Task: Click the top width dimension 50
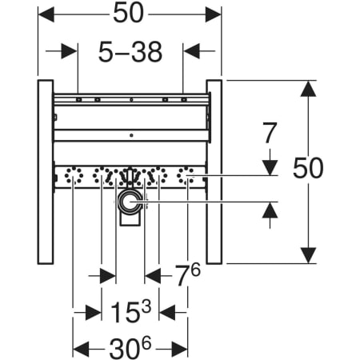pos(128,14)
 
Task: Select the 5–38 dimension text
pos(130,52)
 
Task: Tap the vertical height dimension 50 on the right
pos(308,168)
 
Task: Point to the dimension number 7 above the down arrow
pos(270,133)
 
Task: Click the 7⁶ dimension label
pos(187,274)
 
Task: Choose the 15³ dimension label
pos(130,311)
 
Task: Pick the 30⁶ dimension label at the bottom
pos(130,347)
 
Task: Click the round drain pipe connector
pos(130,202)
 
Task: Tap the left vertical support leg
pos(46,172)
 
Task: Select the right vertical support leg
pos(214,172)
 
